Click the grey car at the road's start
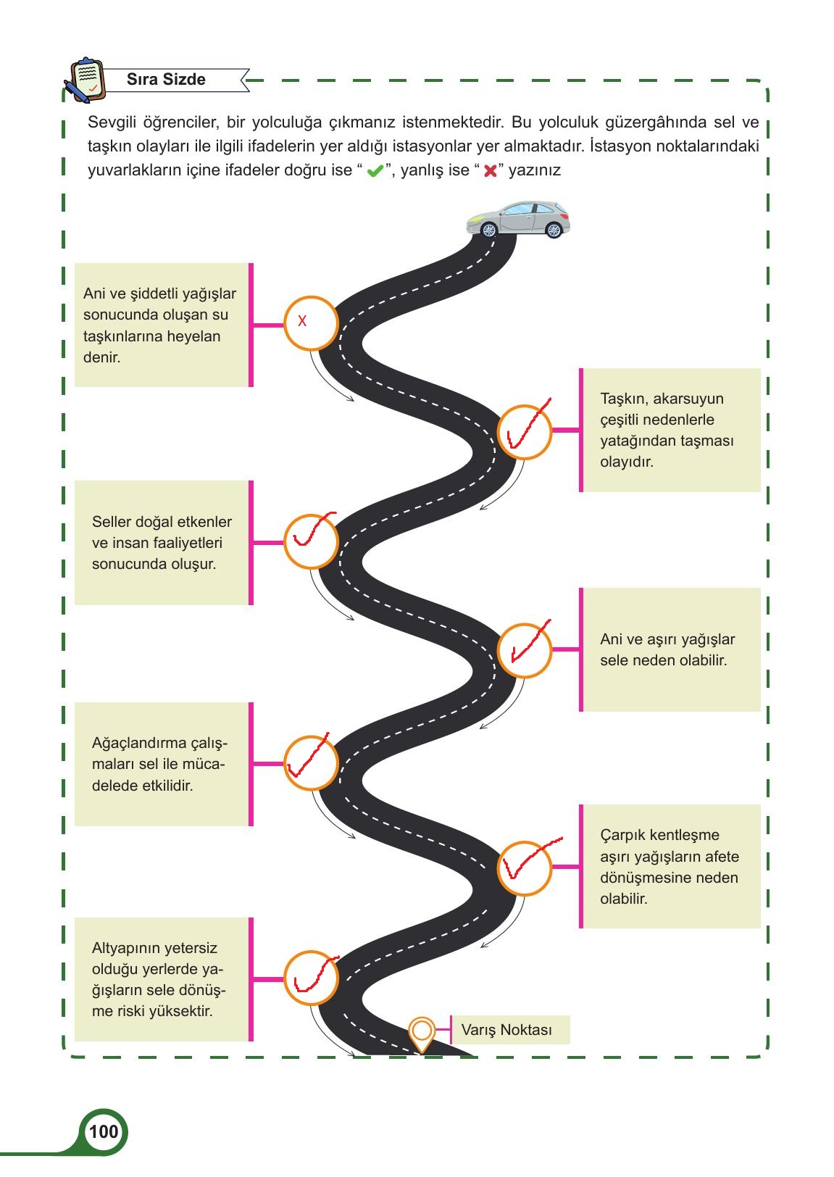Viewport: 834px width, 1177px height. pyautogui.click(x=518, y=219)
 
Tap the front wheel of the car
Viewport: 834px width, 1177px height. pyautogui.click(x=489, y=230)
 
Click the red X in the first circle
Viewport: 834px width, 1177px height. pyautogui.click(x=302, y=320)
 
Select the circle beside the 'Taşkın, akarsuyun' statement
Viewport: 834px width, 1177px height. pyautogui.click(x=524, y=432)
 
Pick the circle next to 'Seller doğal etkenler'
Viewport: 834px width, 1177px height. pyautogui.click(x=311, y=541)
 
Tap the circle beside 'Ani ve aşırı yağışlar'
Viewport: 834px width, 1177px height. pyautogui.click(x=524, y=651)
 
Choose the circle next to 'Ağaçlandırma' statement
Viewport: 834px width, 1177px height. pyautogui.click(x=311, y=763)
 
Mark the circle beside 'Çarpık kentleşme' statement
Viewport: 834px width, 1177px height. pyautogui.click(x=524, y=868)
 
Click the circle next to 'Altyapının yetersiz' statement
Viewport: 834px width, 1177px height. pyautogui.click(x=311, y=978)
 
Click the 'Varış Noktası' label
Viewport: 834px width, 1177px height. pyautogui.click(x=506, y=1030)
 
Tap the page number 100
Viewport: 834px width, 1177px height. pyautogui.click(x=104, y=1131)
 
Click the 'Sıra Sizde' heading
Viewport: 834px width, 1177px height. pyautogui.click(x=166, y=79)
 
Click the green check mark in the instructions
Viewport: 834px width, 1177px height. pyautogui.click(x=375, y=171)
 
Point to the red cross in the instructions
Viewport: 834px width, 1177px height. pyautogui.click(x=490, y=171)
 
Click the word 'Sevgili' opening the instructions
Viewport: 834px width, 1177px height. pyautogui.click(x=112, y=122)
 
